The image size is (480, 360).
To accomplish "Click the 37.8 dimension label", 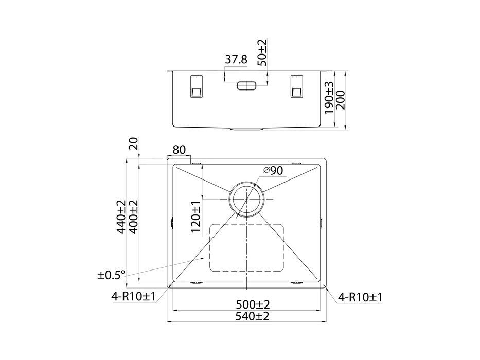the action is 236,59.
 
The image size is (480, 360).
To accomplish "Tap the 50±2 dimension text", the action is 262,52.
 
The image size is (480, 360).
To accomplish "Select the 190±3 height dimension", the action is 329,98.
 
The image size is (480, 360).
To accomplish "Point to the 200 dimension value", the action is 341,100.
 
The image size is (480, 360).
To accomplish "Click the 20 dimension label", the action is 134,143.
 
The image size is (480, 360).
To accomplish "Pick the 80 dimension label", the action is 179,150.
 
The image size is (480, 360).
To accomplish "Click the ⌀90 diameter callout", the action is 273,171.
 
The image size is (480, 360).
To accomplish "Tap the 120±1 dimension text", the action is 195,217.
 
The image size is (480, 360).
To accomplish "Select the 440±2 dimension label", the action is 121,217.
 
